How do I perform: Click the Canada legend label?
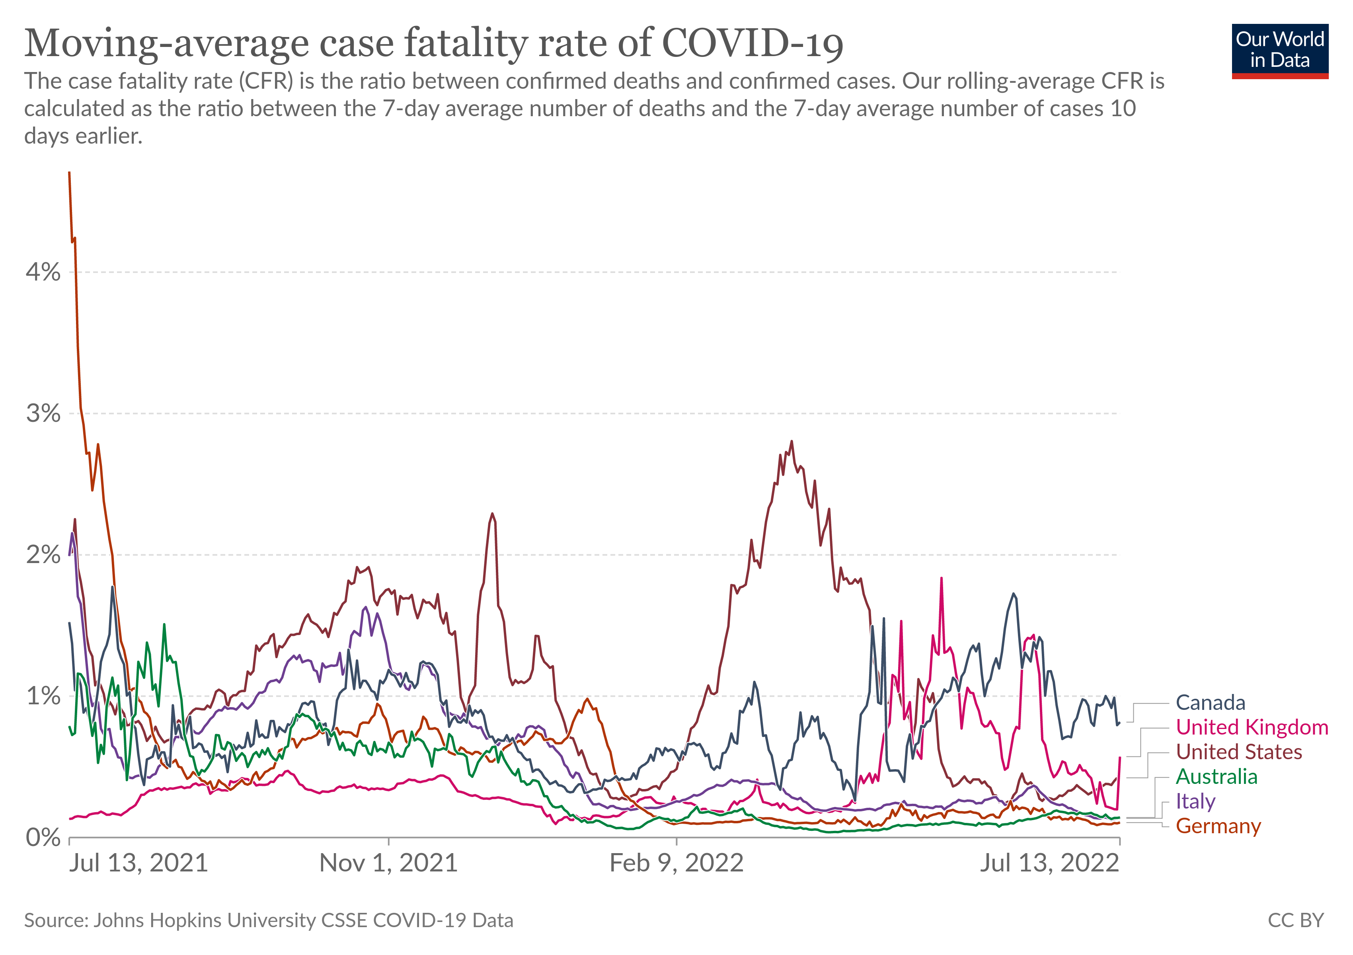point(1211,703)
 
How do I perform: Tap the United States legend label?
point(1239,752)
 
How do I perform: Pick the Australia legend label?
point(1216,777)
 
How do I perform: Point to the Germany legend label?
point(1218,826)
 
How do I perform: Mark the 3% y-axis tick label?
point(43,413)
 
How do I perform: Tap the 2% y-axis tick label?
point(43,555)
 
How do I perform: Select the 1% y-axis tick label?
point(43,696)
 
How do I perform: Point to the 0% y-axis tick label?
point(43,838)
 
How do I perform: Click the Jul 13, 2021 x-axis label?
point(138,864)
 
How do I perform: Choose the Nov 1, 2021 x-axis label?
point(388,864)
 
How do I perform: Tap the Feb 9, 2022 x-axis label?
point(676,864)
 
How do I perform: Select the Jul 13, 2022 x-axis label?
point(1049,864)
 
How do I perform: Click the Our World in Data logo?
point(1280,51)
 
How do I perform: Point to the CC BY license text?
point(1296,921)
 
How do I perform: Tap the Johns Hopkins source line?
point(269,921)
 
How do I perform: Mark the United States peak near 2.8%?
point(792,441)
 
